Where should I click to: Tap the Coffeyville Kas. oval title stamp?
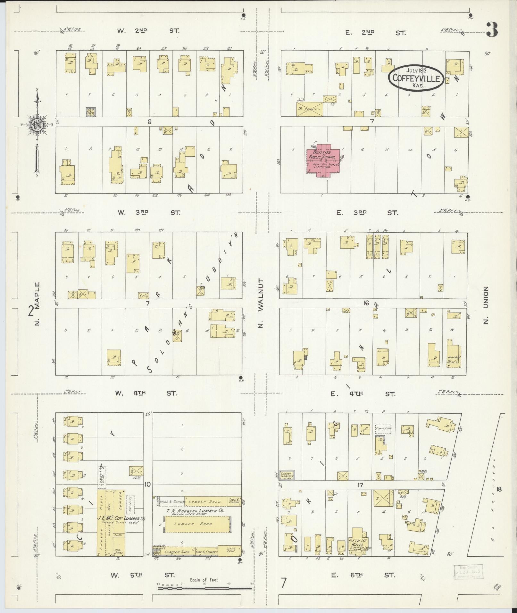(x=416, y=78)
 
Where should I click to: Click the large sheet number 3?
(x=491, y=29)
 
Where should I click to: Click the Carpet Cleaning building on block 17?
(x=287, y=475)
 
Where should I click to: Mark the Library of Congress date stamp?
(x=468, y=572)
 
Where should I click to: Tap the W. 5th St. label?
(x=142, y=575)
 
